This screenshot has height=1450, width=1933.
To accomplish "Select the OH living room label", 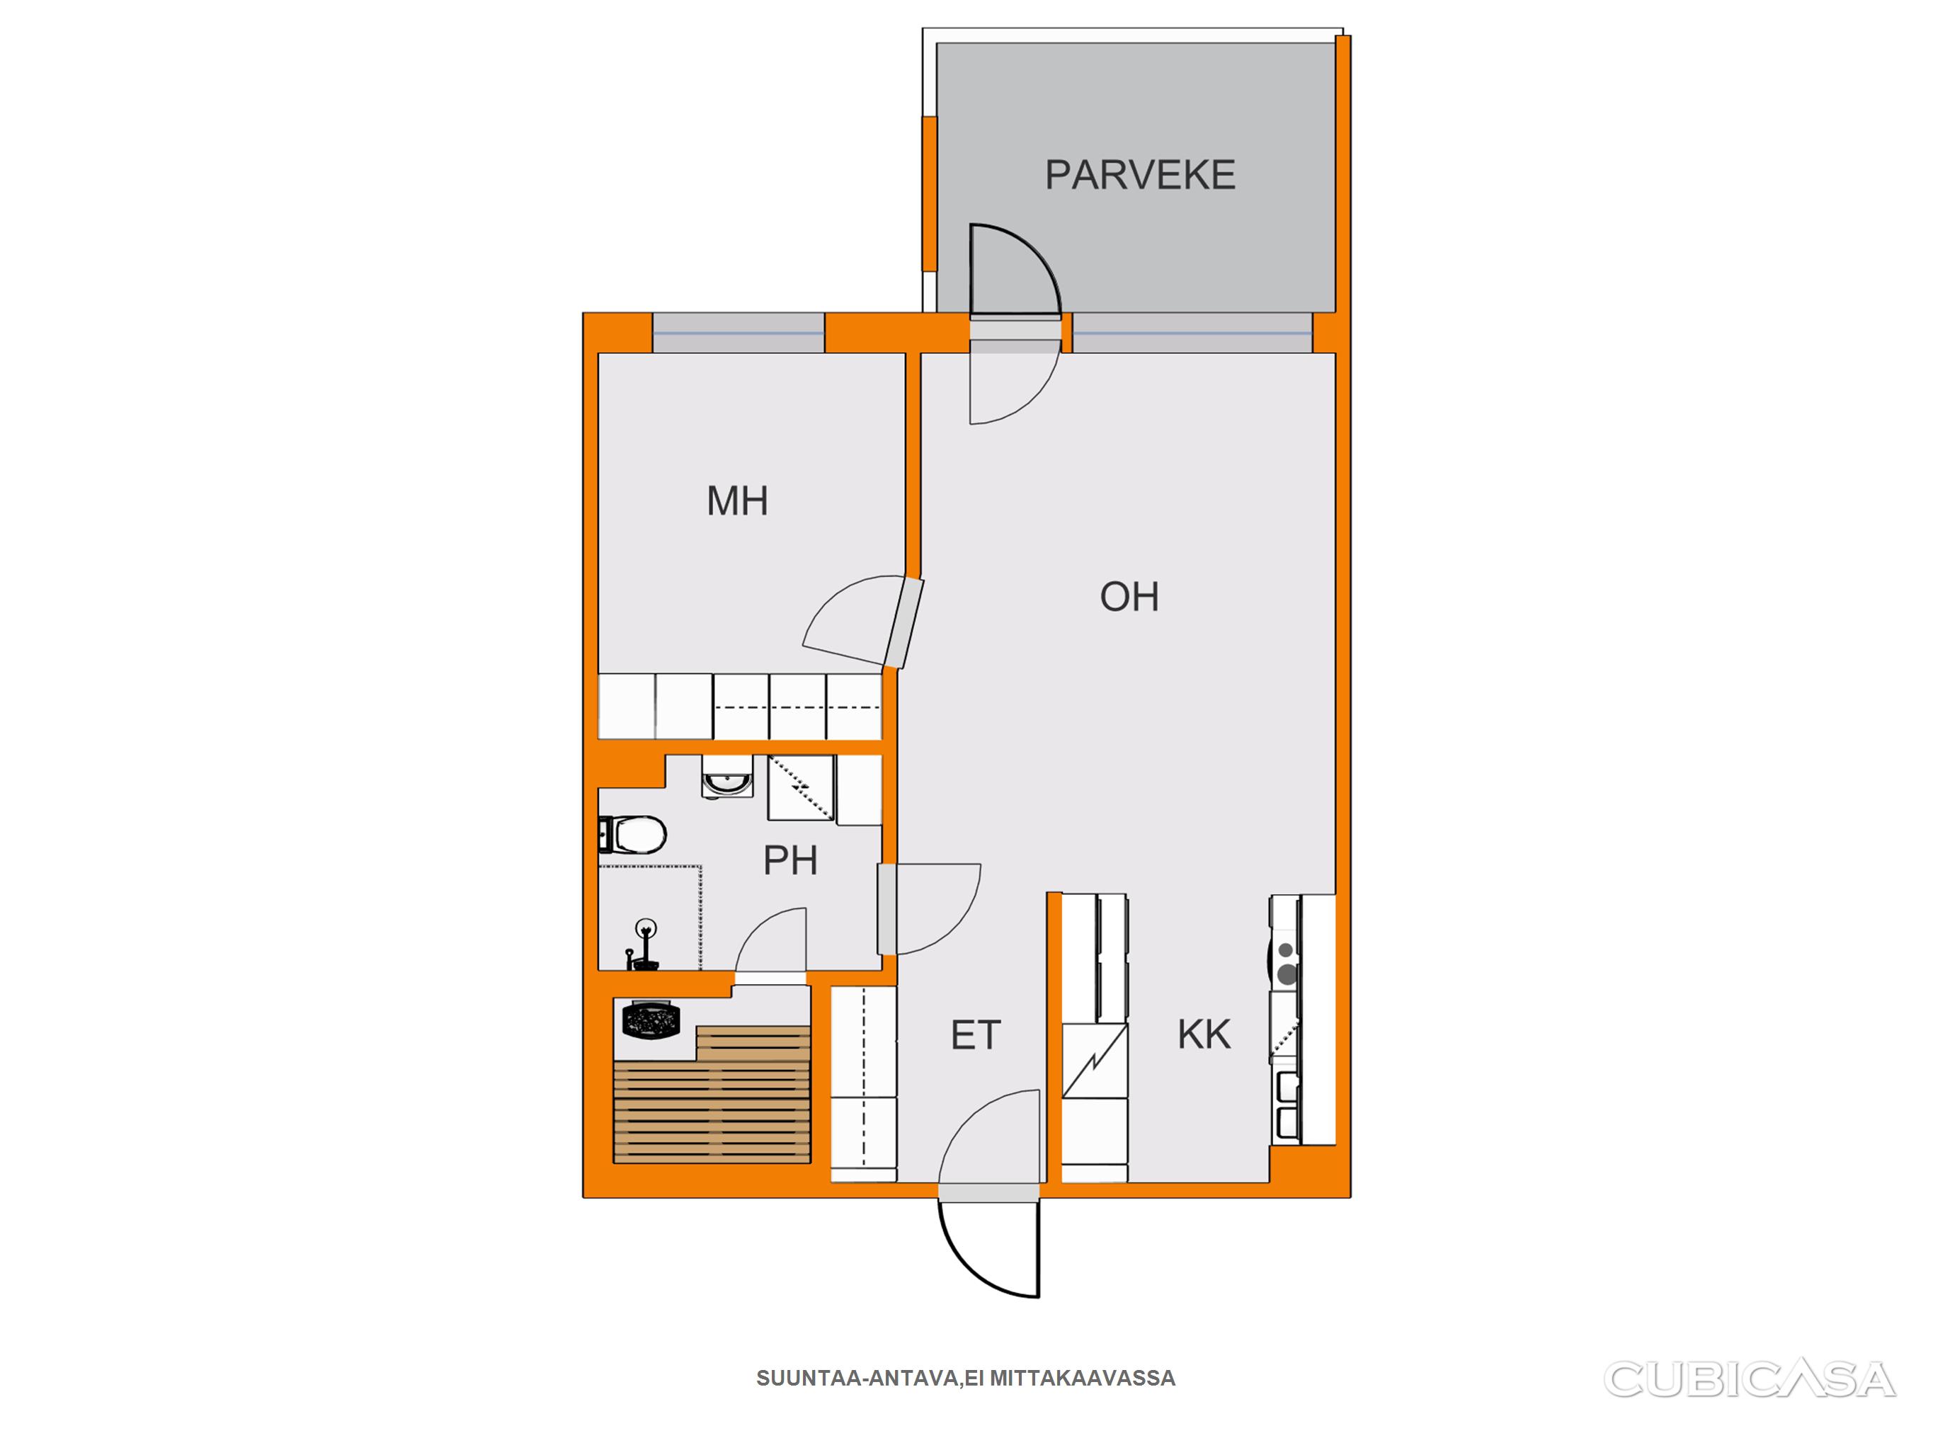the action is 1129,597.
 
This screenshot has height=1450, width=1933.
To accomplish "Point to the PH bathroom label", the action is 790,860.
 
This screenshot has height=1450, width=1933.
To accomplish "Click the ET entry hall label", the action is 975,1035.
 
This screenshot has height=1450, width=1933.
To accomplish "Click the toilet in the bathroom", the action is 633,835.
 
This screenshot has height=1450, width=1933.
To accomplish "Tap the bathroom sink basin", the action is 727,777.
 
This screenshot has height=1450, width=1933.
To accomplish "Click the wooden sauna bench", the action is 712,1095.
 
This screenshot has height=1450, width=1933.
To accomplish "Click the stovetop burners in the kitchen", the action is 1285,961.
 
